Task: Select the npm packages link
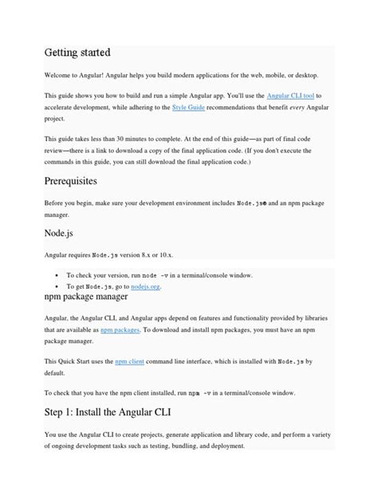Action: click(120, 329)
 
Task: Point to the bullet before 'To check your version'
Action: click(58, 274)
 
